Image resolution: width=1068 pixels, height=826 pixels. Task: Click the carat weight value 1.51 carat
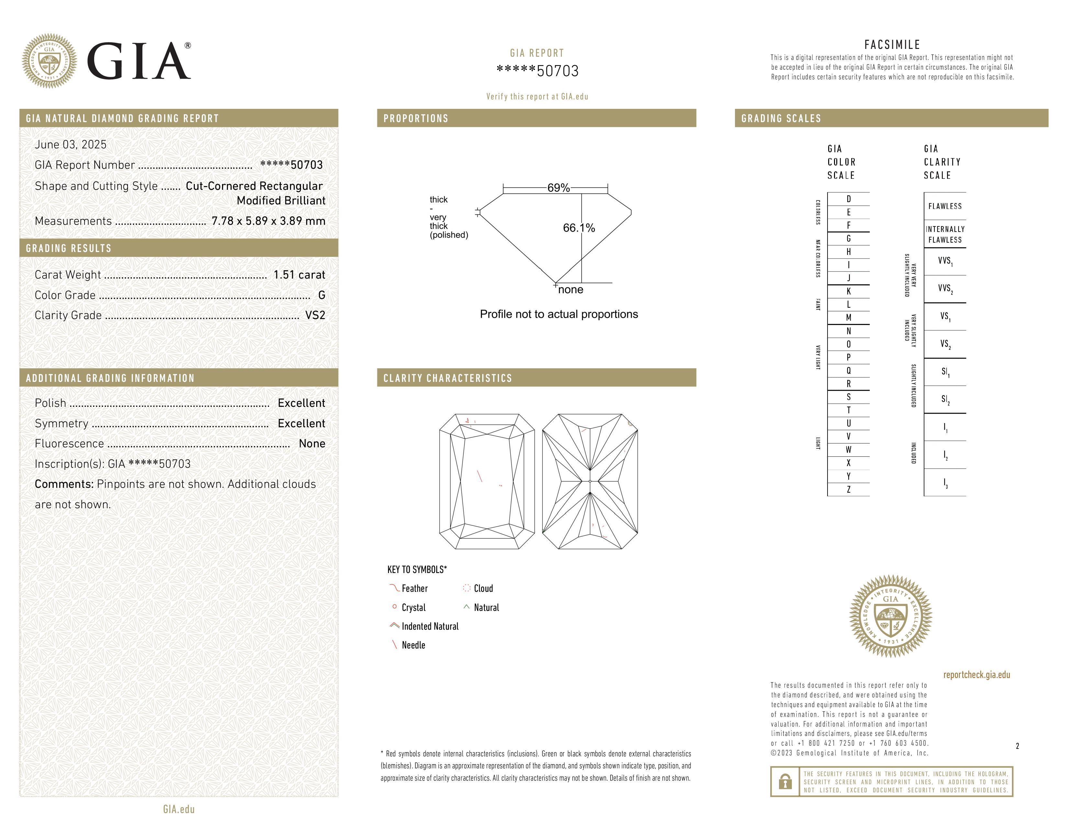coord(299,275)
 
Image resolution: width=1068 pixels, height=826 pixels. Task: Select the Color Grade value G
coord(321,295)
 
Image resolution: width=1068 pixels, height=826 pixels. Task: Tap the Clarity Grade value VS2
coord(315,315)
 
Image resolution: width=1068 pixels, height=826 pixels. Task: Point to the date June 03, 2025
coord(71,144)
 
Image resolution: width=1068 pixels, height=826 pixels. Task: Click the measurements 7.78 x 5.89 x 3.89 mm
coord(268,221)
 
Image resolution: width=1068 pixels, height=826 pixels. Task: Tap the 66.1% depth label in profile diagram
coord(579,228)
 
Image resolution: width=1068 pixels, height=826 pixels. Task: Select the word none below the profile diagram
coord(570,290)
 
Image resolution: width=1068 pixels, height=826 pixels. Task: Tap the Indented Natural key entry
coord(430,626)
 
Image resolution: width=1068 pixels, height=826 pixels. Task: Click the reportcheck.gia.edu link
coord(976,675)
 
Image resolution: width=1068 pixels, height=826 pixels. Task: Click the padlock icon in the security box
coord(785,782)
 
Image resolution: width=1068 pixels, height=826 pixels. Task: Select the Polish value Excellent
coord(301,403)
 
